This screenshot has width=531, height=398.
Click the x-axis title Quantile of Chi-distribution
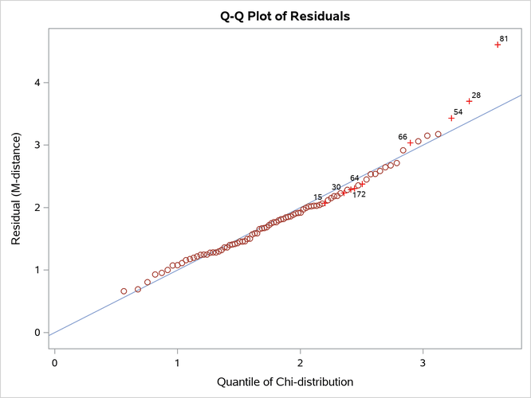pyautogui.click(x=285, y=382)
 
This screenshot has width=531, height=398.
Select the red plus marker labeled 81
pyautogui.click(x=498, y=45)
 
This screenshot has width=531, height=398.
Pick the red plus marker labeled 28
pyautogui.click(x=470, y=101)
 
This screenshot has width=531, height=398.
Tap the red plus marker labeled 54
pyautogui.click(x=451, y=118)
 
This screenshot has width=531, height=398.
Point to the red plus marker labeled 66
pyautogui.click(x=411, y=143)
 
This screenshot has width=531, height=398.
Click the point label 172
pyautogui.click(x=359, y=194)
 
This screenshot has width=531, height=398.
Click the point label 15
pyautogui.click(x=318, y=197)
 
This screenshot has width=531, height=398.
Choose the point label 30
pyautogui.click(x=336, y=187)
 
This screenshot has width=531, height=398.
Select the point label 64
pyautogui.click(x=355, y=178)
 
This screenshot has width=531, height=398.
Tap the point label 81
pyautogui.click(x=504, y=38)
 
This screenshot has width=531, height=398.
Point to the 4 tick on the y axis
pyautogui.click(x=37, y=83)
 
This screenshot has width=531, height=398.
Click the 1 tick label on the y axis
pyautogui.click(x=37, y=270)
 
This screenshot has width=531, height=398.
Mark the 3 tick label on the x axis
pyautogui.click(x=423, y=362)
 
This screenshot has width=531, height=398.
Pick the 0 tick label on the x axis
pyautogui.click(x=54, y=362)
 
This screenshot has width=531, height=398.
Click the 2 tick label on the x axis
pyautogui.click(x=300, y=362)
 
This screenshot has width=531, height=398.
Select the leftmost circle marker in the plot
pyautogui.click(x=124, y=291)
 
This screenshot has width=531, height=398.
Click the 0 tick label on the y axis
pyautogui.click(x=37, y=333)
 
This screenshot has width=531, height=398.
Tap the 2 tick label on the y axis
pyautogui.click(x=37, y=208)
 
